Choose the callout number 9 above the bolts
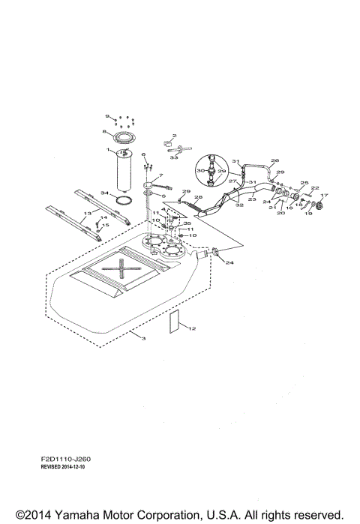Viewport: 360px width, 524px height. coord(108,116)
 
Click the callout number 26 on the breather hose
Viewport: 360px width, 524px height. coord(274,160)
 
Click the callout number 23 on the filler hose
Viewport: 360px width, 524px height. coord(252,199)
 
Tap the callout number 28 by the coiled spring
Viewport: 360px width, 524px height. coord(198,197)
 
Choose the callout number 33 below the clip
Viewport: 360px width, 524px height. coord(173,158)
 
